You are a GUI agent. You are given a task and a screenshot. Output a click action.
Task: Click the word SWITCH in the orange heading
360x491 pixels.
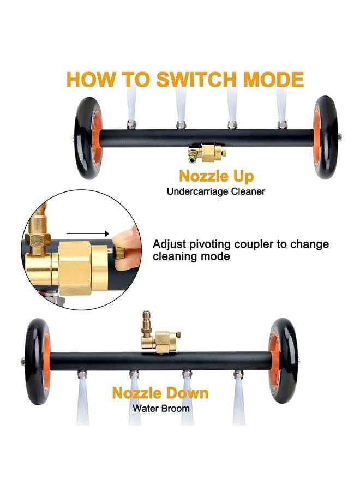pyautogui.click(x=196, y=80)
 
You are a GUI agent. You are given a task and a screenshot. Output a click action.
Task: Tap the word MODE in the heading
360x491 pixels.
pyautogui.click(x=273, y=80)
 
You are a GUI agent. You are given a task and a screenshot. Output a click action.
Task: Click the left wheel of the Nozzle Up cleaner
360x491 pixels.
pyautogui.click(x=88, y=138)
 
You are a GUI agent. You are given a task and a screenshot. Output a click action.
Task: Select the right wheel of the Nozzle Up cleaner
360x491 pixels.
pyautogui.click(x=326, y=137)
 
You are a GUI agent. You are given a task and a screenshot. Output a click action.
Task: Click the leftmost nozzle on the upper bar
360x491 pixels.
pyautogui.click(x=131, y=124)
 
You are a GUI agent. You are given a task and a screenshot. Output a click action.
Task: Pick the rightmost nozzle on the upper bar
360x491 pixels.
pyautogui.click(x=282, y=124)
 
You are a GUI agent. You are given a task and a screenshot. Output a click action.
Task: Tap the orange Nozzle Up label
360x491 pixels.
pyautogui.click(x=217, y=176)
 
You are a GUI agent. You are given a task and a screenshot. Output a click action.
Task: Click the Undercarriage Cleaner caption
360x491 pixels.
pyautogui.click(x=215, y=191)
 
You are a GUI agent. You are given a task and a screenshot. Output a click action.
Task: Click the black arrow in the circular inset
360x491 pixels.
pyautogui.click(x=88, y=233)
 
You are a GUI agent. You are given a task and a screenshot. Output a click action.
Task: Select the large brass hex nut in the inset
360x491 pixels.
pyautogui.click(x=75, y=268)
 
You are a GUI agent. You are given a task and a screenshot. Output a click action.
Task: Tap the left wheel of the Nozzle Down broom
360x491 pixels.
pyautogui.click(x=38, y=361)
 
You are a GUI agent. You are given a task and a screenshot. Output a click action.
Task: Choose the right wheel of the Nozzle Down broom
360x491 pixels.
pyautogui.click(x=283, y=361)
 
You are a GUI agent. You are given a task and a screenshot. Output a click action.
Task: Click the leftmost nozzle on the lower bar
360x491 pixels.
pyautogui.click(x=82, y=374)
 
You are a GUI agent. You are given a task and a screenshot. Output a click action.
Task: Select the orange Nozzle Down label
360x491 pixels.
pyautogui.click(x=160, y=393)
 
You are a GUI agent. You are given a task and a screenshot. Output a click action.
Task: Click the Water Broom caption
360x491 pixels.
pyautogui.click(x=161, y=408)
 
